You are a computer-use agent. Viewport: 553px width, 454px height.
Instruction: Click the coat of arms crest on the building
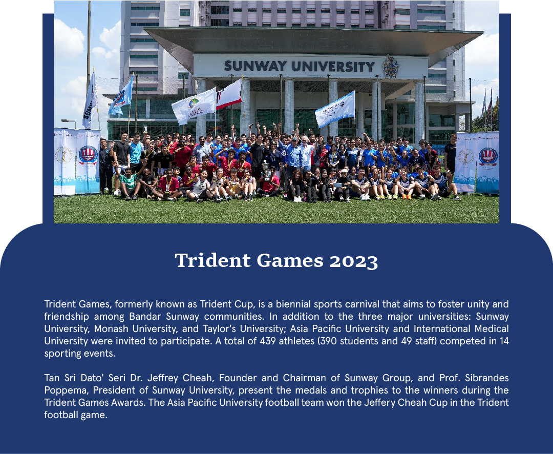391,67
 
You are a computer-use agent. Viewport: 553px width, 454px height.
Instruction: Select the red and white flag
229,94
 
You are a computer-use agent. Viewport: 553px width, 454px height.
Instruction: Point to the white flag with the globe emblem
194,106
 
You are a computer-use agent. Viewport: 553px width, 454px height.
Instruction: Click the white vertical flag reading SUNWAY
90,100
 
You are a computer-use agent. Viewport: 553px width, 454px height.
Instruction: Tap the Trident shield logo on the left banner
88,155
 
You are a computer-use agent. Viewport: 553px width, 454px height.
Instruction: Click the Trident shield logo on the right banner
488,157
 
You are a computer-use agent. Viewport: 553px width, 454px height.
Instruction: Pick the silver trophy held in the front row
266,170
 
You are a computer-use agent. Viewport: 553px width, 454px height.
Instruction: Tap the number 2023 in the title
354,261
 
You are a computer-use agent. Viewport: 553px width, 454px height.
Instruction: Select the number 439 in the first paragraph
268,341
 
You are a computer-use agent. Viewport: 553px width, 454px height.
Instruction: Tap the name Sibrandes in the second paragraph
487,378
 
